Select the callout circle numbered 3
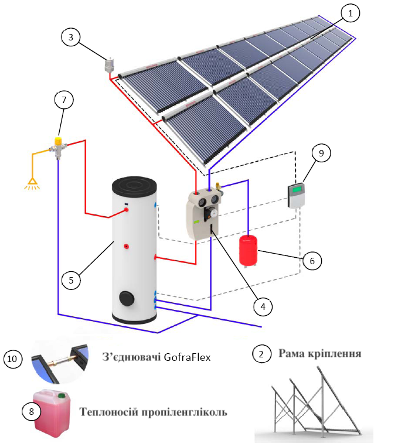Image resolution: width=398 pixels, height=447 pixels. tap(71, 37)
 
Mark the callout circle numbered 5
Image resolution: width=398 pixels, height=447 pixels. tap(71, 280)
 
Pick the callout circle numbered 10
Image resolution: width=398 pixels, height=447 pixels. tap(14, 358)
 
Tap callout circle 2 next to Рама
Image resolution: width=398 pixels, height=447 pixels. tap(261, 354)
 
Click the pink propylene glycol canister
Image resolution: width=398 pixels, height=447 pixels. tap(53, 414)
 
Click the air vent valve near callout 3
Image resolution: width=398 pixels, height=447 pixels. tap(109, 64)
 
